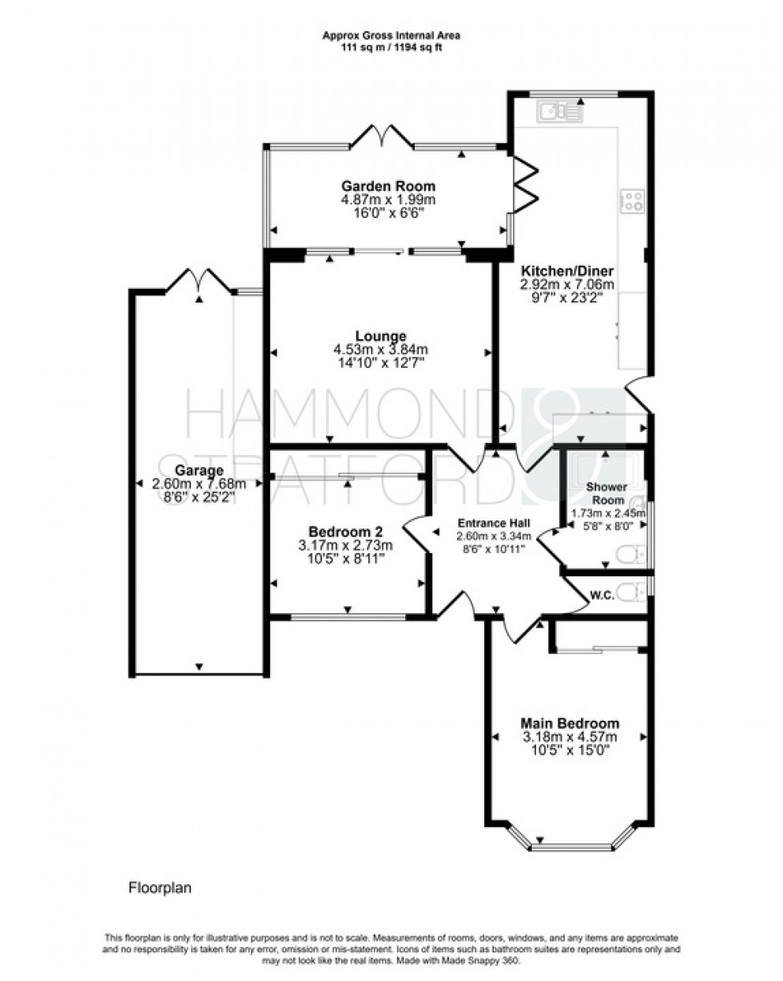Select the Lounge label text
[381, 336]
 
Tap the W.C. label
[601, 593]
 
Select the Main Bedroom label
[570, 723]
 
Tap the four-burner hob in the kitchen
[634, 200]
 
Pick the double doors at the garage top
[199, 281]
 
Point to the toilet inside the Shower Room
[631, 553]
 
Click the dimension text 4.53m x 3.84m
[381, 350]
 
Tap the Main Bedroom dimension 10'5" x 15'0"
[570, 750]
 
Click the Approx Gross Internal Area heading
[391, 35]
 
